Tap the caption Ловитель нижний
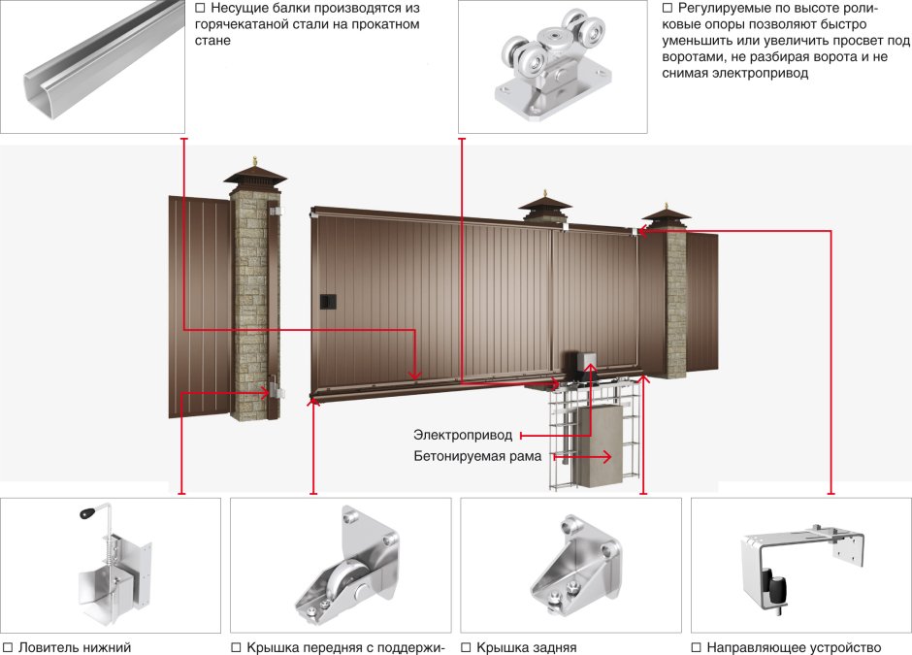pos(74,647)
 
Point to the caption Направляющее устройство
pos(793,647)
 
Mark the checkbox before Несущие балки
pos(200,9)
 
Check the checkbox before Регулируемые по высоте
pos(668,9)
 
